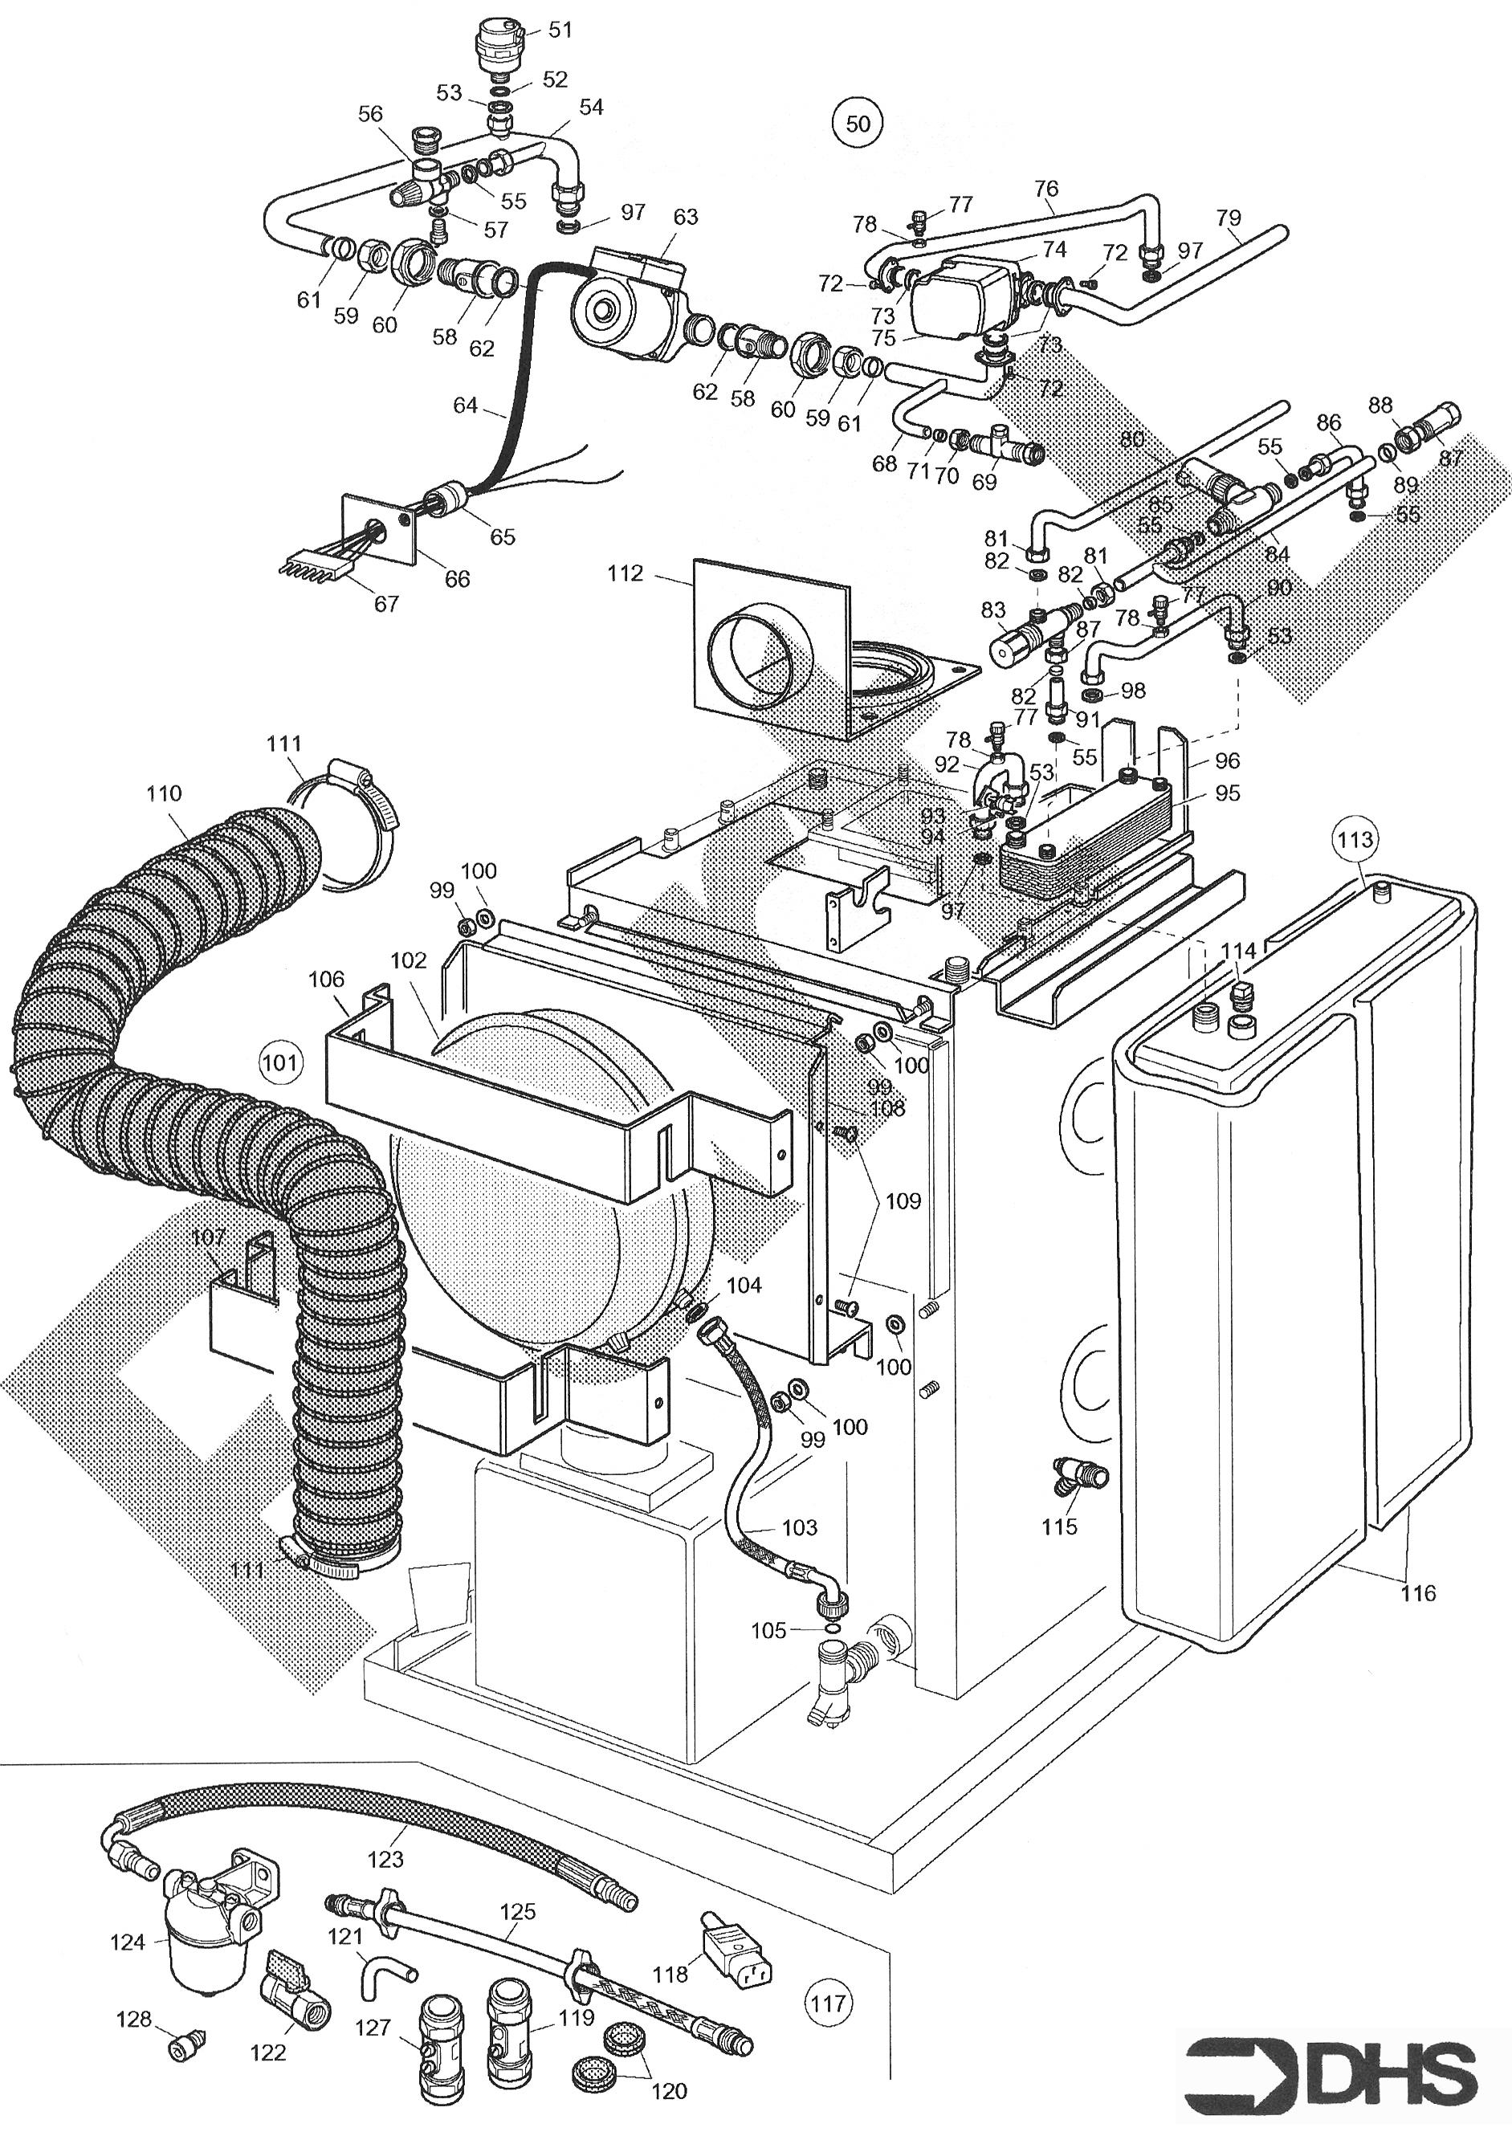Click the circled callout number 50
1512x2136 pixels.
tap(858, 124)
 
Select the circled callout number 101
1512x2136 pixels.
tap(281, 1062)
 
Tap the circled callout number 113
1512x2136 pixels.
tap(1355, 840)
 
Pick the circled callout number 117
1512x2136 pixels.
tap(828, 2003)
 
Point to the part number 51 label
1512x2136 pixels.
tap(560, 30)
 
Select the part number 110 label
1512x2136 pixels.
tap(164, 793)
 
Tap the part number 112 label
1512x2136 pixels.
tap(625, 573)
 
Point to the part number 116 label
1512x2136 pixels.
tap(1418, 1593)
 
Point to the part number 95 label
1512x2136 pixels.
tap(1227, 793)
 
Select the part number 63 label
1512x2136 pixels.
tap(685, 217)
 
